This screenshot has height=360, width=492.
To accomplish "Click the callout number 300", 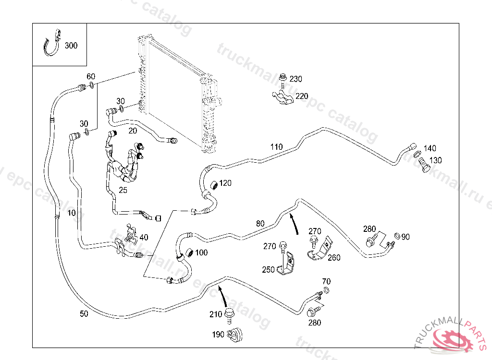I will [x=71, y=46].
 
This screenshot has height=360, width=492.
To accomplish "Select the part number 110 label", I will [x=276, y=147].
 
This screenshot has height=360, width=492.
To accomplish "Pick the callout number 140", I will [x=430, y=148].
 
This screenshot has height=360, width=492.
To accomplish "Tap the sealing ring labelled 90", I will [x=397, y=236].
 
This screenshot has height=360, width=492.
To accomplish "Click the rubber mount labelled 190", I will [x=235, y=335].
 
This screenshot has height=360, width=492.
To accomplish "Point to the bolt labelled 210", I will [x=229, y=314].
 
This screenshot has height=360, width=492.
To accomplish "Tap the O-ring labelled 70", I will [x=326, y=290].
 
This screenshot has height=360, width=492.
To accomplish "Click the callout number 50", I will [x=84, y=314].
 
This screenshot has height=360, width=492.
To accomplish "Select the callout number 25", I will [x=123, y=190].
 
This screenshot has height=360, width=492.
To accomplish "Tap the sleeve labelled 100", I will [x=189, y=252].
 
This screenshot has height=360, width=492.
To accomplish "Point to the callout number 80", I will [x=260, y=223].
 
